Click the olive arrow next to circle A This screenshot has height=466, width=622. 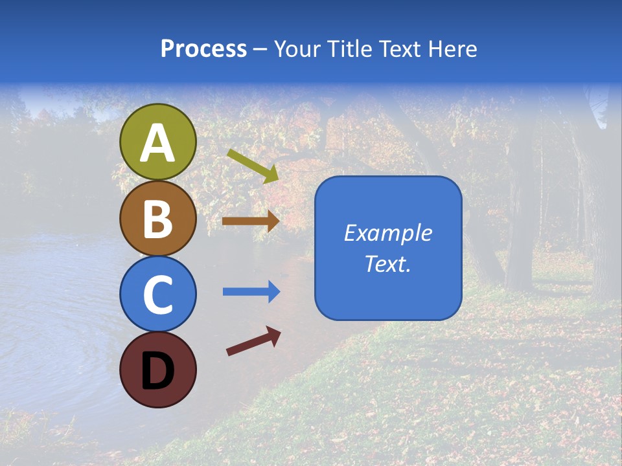[253, 166]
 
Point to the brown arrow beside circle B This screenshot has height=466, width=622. [251, 221]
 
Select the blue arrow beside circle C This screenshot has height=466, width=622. [251, 292]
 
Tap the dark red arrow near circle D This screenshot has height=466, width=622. [253, 341]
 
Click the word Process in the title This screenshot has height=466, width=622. [203, 49]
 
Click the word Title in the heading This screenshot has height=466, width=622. [349, 49]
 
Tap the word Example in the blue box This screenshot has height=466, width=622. [387, 233]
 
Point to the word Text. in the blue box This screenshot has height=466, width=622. [387, 263]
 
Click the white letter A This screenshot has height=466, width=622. [158, 144]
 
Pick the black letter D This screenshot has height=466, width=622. [158, 371]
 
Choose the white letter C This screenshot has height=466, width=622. [158, 295]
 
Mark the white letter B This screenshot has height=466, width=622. [158, 219]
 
